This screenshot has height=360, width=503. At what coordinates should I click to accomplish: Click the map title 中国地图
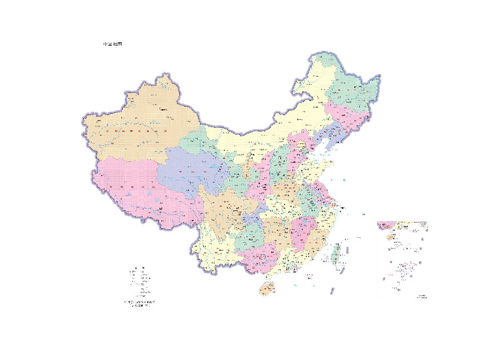pyautogui.click(x=112, y=44)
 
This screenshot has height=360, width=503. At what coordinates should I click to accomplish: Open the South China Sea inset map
pyautogui.click(x=402, y=259)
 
